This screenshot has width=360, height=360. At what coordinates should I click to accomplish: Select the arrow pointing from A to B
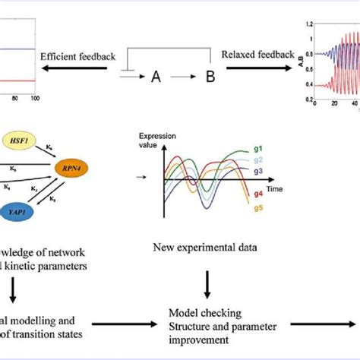click(180, 77)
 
